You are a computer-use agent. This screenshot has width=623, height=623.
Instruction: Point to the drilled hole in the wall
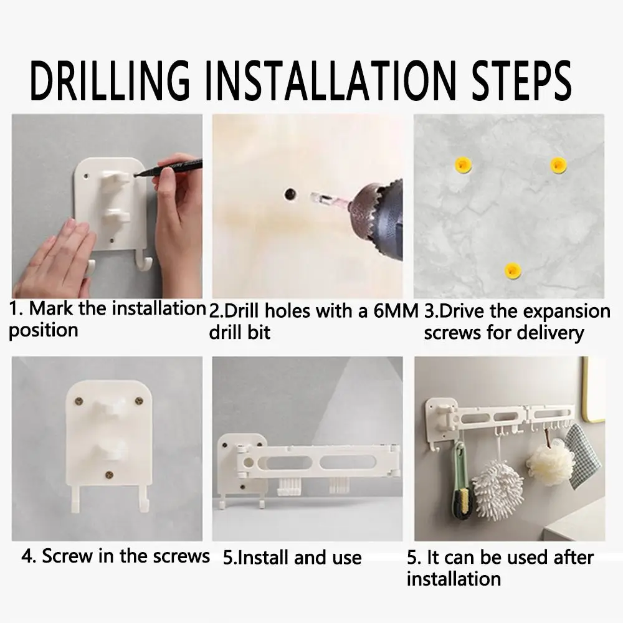click(290, 194)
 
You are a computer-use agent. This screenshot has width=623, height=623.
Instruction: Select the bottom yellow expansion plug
click(512, 270)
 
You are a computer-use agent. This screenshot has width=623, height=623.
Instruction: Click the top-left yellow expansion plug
click(463, 164)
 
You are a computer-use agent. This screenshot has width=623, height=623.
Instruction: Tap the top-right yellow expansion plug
click(558, 165)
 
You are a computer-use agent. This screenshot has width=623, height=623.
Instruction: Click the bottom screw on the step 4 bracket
click(109, 474)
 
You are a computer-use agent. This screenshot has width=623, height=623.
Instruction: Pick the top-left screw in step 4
click(79, 402)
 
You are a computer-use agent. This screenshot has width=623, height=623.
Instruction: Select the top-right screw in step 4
click(139, 401)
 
